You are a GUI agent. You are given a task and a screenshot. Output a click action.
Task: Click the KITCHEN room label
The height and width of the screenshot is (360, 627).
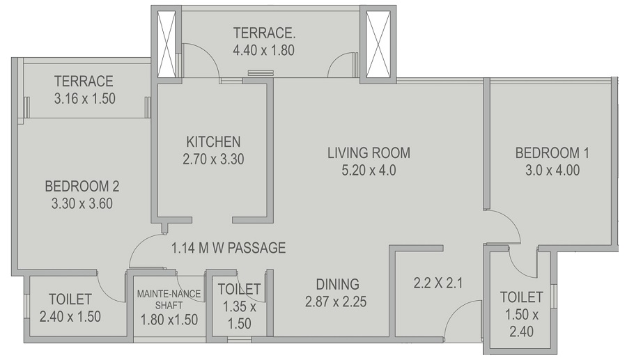(x=213, y=141)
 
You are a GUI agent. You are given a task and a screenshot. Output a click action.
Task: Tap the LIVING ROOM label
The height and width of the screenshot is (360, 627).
(x=369, y=152)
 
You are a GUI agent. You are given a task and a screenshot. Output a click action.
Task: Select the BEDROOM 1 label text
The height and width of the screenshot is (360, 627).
(x=547, y=152)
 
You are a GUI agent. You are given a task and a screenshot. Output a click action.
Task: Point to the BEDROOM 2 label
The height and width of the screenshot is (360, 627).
(x=82, y=187)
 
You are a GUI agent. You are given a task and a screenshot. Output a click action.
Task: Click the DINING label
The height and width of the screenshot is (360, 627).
(x=337, y=284)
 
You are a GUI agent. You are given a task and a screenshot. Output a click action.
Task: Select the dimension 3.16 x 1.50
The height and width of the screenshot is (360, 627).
(x=84, y=99)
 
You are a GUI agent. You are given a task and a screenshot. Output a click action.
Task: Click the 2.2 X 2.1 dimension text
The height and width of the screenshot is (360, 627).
(x=438, y=283)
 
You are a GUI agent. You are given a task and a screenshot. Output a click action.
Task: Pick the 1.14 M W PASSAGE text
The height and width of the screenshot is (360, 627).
(x=229, y=247)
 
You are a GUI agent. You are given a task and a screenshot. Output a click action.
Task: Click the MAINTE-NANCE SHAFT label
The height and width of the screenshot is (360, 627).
(x=165, y=299)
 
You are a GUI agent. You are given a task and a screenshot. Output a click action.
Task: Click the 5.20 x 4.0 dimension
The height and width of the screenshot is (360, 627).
(x=369, y=170)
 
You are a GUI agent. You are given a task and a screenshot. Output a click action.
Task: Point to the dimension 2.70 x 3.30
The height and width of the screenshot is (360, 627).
(x=213, y=159)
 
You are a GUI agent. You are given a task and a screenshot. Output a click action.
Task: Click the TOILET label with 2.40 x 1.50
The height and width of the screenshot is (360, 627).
(x=70, y=299)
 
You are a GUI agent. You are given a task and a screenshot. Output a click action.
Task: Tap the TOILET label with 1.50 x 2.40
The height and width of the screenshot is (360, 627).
(x=521, y=297)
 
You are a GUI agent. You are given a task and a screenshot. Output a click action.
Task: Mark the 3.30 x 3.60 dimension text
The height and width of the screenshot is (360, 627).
(x=82, y=204)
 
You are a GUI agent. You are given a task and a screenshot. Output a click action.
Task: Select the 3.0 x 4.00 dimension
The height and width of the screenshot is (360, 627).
(x=547, y=170)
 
